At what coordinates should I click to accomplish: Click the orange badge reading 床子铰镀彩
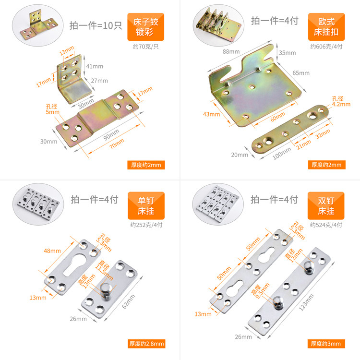click(x=145, y=27)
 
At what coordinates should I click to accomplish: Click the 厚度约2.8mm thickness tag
click(x=146, y=343)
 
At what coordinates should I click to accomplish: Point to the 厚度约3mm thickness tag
click(x=326, y=343)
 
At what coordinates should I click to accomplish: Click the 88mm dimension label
click(x=231, y=51)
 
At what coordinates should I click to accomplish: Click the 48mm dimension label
click(x=52, y=251)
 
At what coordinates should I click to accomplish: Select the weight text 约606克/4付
click(x=326, y=47)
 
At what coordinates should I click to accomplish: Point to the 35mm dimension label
click(x=287, y=53)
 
